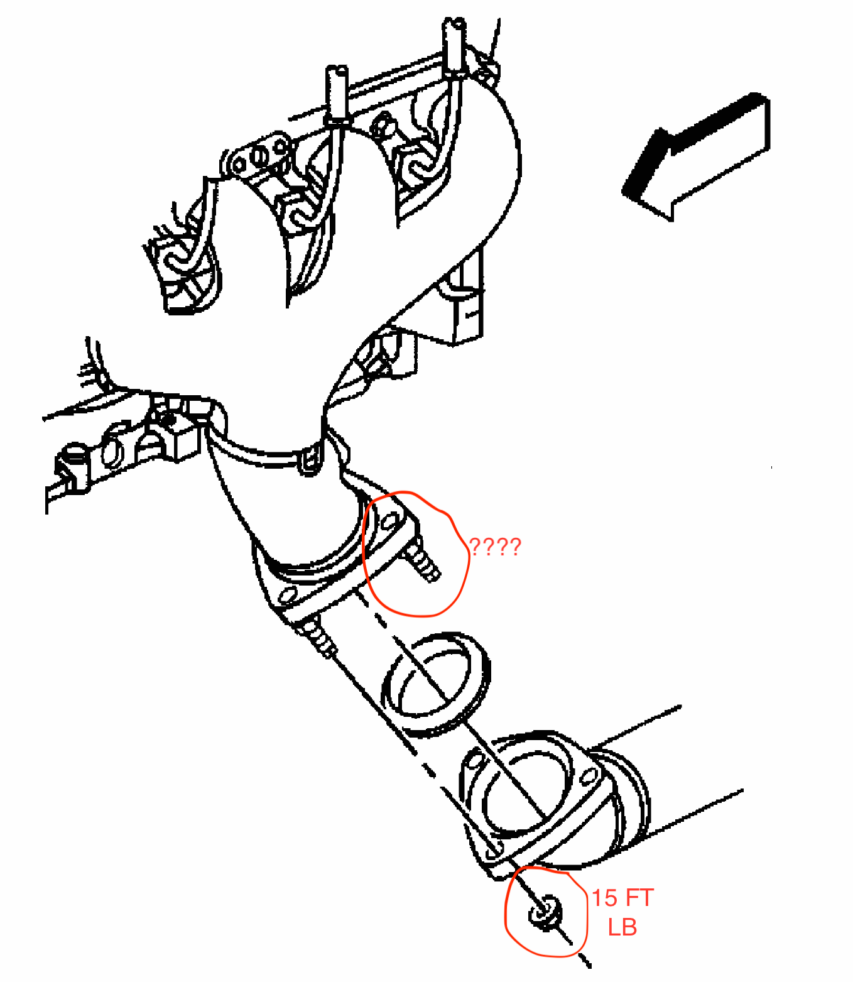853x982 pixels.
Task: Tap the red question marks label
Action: pyautogui.click(x=495, y=547)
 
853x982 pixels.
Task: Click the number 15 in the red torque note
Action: pyautogui.click(x=605, y=898)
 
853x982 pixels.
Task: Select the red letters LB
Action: pyautogui.click(x=622, y=927)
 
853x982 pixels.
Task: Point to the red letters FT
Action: pyautogui.click(x=639, y=898)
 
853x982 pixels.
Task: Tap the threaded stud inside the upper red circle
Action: pyautogui.click(x=423, y=560)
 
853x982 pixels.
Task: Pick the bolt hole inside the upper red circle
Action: pyautogui.click(x=390, y=521)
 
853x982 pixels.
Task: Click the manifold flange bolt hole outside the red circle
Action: pyautogui.click(x=288, y=594)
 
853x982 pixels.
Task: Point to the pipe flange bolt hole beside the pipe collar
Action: pyautogui.click(x=589, y=777)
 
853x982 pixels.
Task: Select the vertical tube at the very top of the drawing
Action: pyautogui.click(x=455, y=44)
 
